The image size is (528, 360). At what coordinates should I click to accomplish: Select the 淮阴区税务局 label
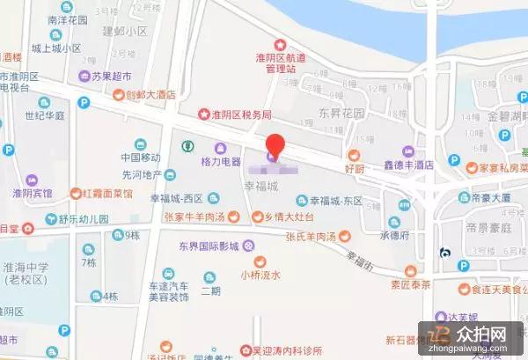[240, 114]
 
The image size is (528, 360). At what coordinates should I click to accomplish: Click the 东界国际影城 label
[209, 245]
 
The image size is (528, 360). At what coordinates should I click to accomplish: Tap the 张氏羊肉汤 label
[307, 235]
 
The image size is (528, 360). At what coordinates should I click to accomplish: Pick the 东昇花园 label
[341, 114]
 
